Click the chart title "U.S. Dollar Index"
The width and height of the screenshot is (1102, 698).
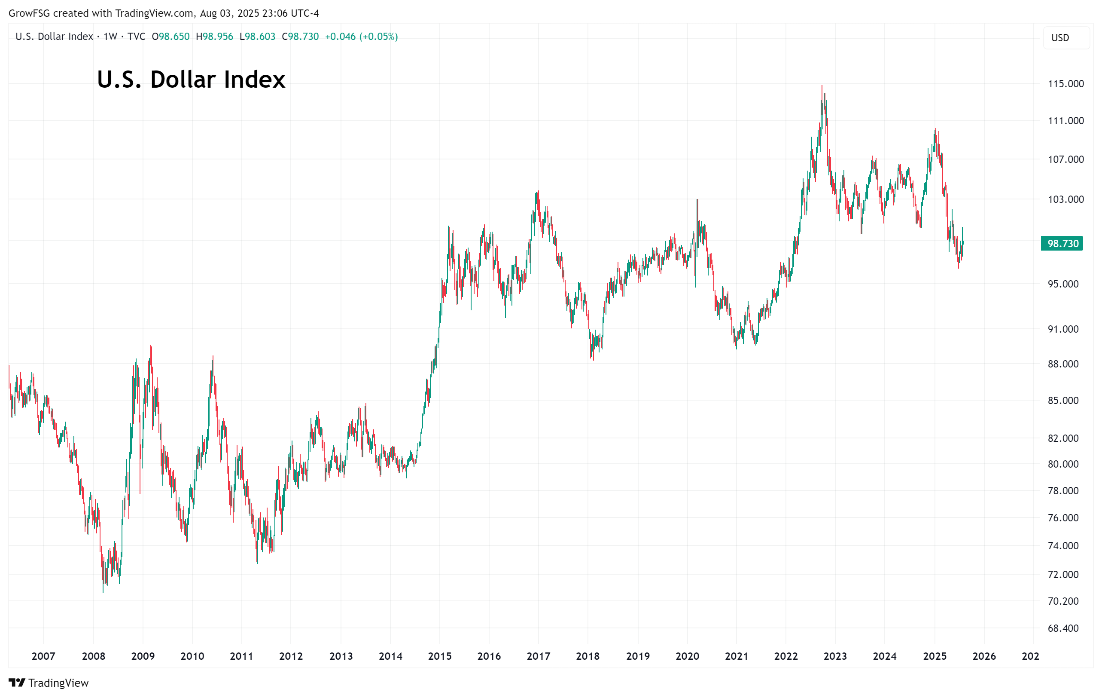[x=191, y=79]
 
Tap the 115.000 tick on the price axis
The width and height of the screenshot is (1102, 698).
[x=1065, y=84]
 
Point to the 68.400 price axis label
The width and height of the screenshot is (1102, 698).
[x=1062, y=628]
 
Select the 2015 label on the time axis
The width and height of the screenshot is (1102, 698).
[x=439, y=656]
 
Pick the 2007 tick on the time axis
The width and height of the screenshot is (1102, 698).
[x=43, y=656]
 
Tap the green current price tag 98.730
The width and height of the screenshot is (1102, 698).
[x=1062, y=244]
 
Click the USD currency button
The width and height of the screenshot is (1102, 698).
[x=1060, y=38]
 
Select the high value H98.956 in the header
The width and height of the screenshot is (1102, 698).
[x=214, y=37]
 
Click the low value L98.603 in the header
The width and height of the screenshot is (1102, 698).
[x=257, y=37]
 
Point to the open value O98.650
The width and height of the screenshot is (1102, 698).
[x=170, y=37]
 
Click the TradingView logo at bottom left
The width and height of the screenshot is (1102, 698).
[x=49, y=683]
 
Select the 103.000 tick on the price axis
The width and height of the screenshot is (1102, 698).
[x=1065, y=199]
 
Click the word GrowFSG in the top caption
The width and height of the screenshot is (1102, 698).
[x=29, y=13]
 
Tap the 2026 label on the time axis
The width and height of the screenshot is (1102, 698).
[x=984, y=656]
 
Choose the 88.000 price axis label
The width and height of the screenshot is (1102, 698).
[x=1062, y=364]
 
